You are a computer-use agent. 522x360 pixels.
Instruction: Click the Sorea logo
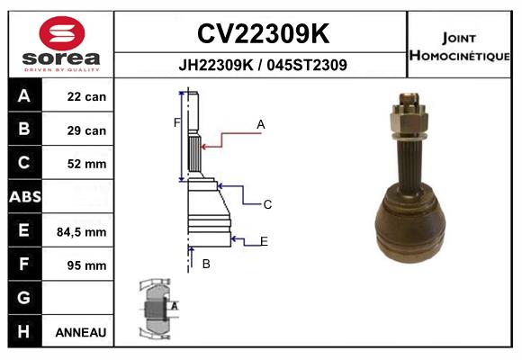pos(60,43)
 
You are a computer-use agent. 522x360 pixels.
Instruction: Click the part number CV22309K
pos(260,34)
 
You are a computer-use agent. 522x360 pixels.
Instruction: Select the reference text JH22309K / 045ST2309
pos(260,65)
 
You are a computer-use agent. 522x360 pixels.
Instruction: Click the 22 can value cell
pos(86,97)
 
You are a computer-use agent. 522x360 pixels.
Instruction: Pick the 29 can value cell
pos(86,130)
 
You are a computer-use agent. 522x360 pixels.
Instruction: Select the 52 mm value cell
pos(86,164)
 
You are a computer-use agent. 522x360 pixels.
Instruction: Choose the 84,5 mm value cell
pos(82,231)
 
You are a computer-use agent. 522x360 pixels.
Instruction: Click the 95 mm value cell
pos(86,265)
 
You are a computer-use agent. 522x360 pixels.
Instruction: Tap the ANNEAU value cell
pos(81,332)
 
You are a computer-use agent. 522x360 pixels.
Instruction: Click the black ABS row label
pos(24,197)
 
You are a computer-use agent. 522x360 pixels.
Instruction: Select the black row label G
pos(24,298)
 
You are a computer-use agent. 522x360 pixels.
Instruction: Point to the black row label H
pos(24,331)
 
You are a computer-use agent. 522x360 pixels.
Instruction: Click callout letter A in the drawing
pos(261,123)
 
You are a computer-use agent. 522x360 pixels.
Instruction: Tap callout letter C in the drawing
pos(267,204)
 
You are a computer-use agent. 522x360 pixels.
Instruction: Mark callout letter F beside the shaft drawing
pos(177,122)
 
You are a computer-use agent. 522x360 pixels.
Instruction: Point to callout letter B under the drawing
pos(206,263)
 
